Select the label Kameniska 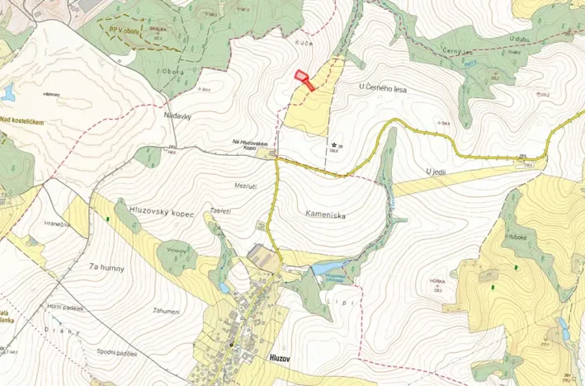(x=323, y=215)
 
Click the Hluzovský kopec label (x=161, y=213)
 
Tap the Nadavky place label (x=177, y=116)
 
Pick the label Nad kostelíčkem (x=21, y=120)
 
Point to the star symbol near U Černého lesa (x=333, y=145)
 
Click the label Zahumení (x=166, y=311)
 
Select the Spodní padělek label (x=115, y=354)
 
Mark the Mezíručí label (x=247, y=186)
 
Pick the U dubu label (x=519, y=39)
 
